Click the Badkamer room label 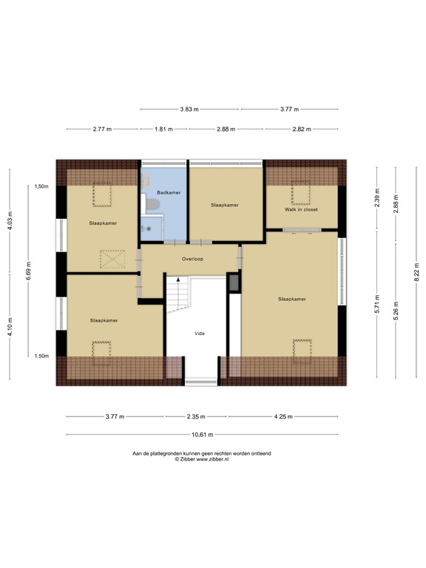[x=169, y=192]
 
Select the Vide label [x=199, y=334]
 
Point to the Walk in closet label [x=301, y=209]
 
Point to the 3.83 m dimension [x=190, y=109]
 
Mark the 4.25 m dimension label [x=283, y=416]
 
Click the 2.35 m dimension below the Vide [x=196, y=416]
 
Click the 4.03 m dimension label [x=11, y=223]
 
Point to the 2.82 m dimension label [x=301, y=129]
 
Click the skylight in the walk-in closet [x=300, y=194]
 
